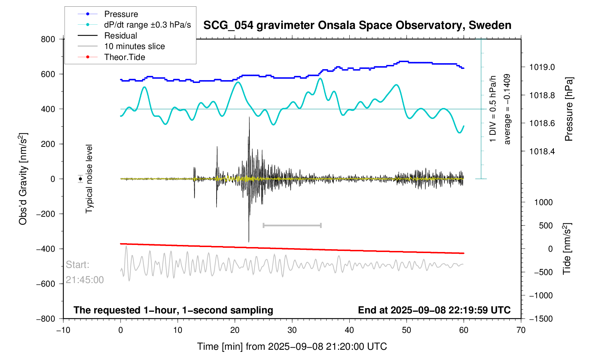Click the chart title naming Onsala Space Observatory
357,25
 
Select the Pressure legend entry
121,14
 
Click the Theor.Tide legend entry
124,57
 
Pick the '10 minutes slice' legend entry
134,46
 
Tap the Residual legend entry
120,36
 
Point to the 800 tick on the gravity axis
48,39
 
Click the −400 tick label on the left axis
46,249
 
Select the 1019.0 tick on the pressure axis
542,67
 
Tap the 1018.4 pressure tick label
542,151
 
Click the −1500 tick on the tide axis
540,319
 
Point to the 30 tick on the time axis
292,330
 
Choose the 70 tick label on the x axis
521,330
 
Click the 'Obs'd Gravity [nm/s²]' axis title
23,179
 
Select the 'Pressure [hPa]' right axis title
568,109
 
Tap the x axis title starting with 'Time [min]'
292,347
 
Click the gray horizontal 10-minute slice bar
292,225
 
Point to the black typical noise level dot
81,179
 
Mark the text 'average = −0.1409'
507,109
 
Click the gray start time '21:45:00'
85,280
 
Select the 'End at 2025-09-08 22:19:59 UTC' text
434,310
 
